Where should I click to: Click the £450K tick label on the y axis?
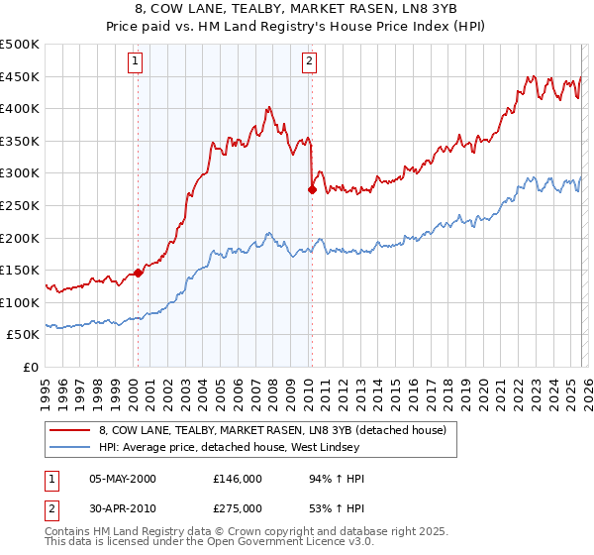tap(20, 76)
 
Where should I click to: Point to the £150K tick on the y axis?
tap(20, 270)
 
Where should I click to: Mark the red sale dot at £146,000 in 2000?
tap(138, 274)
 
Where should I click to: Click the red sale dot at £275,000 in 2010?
tap(312, 189)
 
